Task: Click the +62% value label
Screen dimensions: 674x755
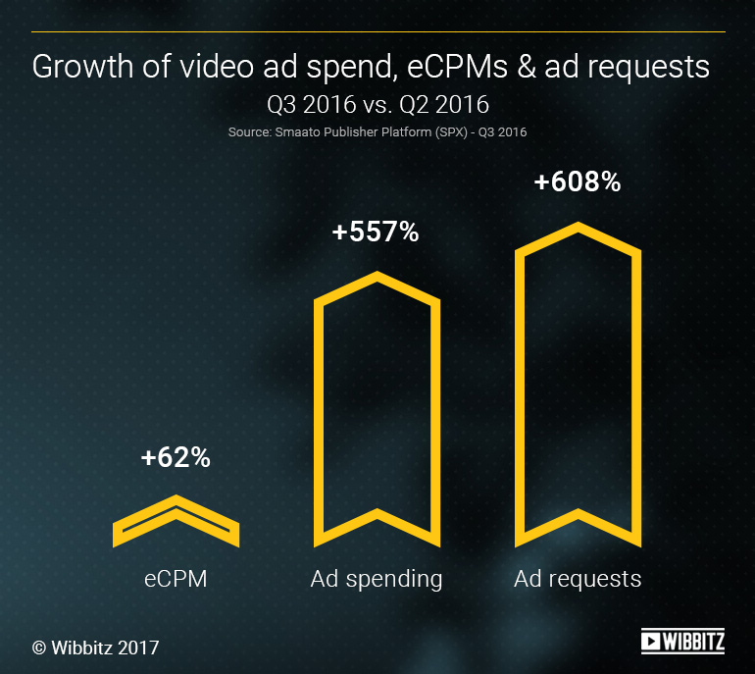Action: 176,457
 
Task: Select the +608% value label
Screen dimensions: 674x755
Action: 578,181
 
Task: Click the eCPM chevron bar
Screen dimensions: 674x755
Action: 176,520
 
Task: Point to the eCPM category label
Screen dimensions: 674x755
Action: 176,578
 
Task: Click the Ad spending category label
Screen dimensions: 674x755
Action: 377,579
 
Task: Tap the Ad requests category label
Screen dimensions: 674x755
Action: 578,578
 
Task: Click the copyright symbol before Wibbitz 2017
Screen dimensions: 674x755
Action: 39,648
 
